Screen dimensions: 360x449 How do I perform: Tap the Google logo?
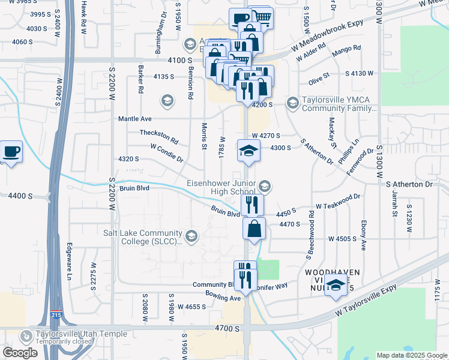point(20,353)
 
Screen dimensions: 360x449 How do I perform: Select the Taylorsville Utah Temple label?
point(81,334)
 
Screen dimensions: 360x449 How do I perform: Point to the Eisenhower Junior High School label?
point(225,187)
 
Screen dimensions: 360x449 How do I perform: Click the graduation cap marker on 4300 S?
point(247,151)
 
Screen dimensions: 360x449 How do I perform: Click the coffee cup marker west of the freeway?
point(11,151)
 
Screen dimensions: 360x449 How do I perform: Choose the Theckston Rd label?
point(159,137)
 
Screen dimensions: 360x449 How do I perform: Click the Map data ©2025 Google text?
point(412,355)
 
